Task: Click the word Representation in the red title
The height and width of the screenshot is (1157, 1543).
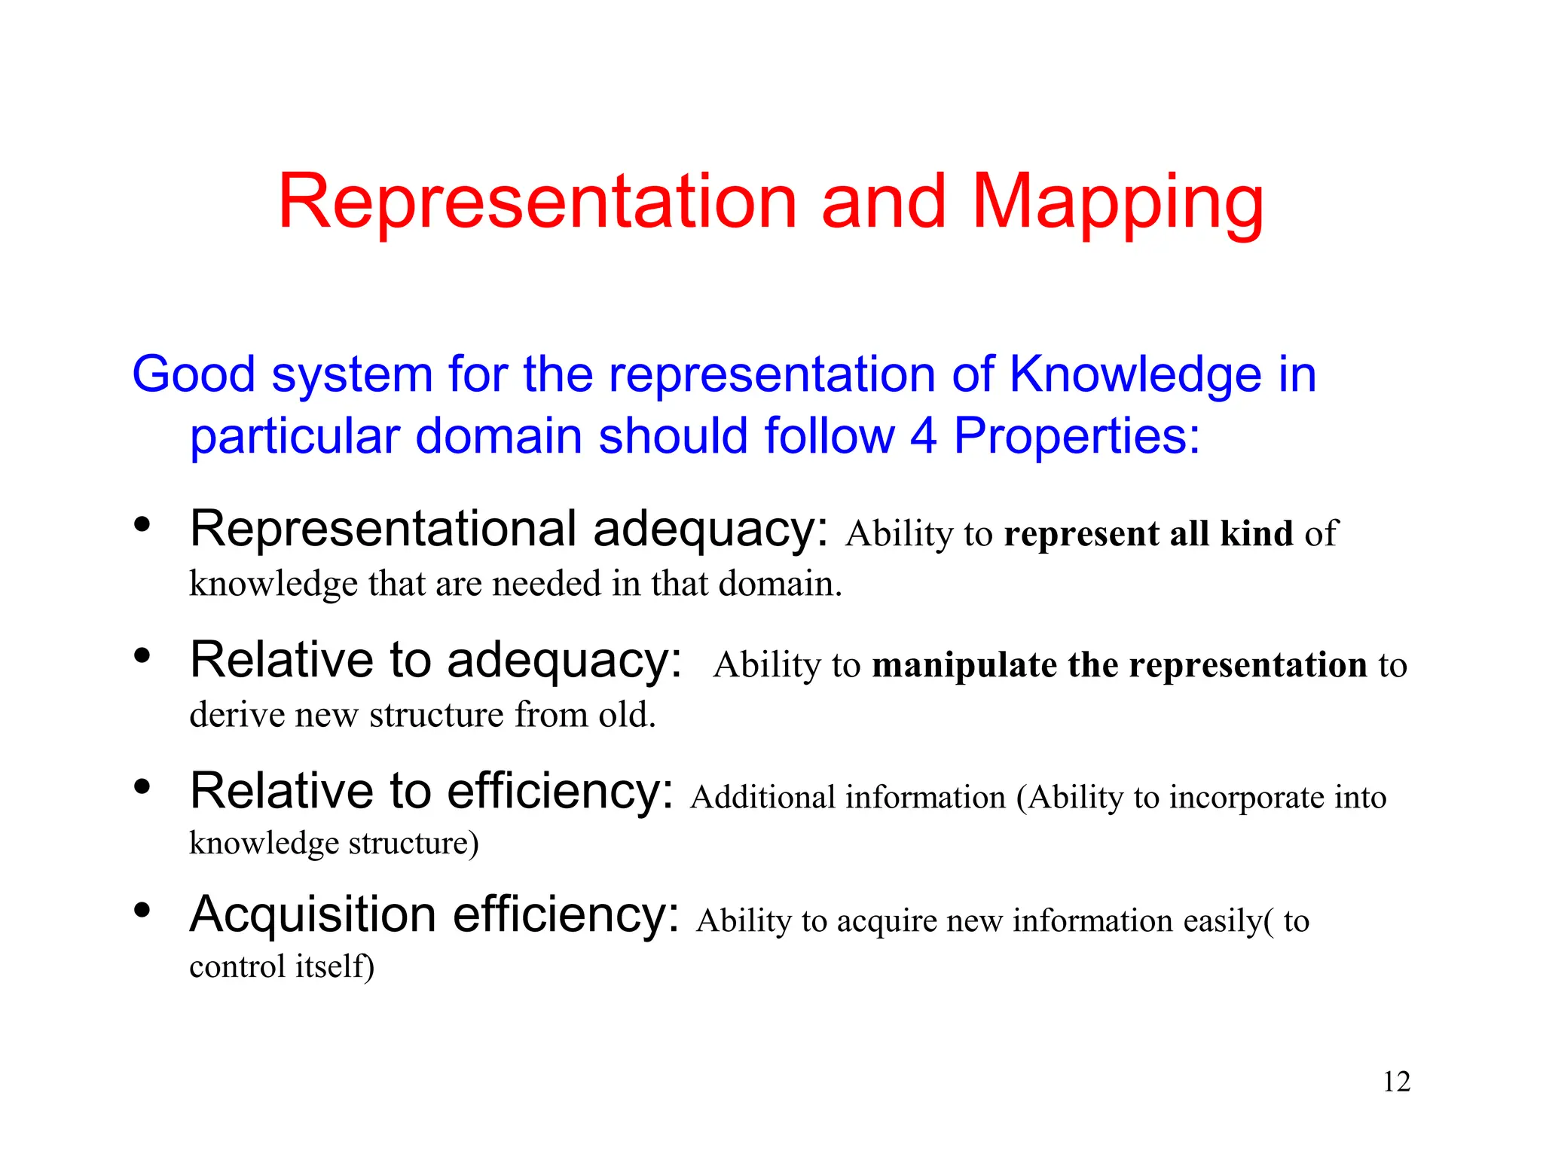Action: click(537, 202)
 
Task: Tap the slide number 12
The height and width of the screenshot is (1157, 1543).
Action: click(1396, 1082)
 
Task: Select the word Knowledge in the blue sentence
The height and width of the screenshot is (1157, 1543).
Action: click(1135, 374)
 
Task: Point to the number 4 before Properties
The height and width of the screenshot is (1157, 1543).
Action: click(924, 436)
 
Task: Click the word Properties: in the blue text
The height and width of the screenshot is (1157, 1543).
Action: click(1077, 436)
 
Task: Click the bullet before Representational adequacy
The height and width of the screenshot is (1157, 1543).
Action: click(142, 524)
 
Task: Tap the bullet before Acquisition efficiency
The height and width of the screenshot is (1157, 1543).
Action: click(142, 910)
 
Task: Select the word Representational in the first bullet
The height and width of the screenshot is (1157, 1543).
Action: click(383, 529)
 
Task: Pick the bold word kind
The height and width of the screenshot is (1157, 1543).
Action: click(1256, 533)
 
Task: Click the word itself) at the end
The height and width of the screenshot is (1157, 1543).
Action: click(335, 966)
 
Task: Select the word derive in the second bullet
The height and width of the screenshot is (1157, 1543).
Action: click(236, 714)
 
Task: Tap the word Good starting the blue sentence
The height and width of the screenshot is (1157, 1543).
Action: click(194, 374)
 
